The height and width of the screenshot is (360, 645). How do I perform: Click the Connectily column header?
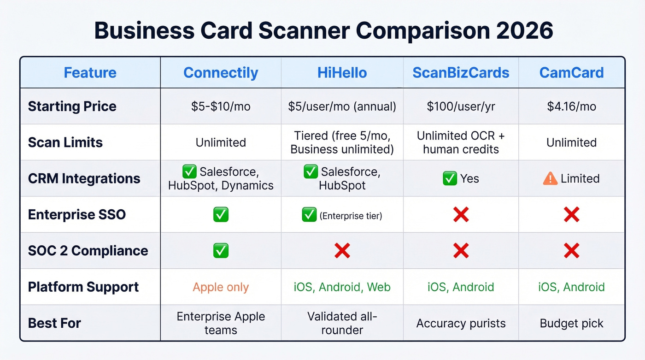(x=221, y=73)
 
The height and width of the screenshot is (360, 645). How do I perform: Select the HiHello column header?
(x=342, y=73)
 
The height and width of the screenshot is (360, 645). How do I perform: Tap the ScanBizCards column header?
(x=461, y=73)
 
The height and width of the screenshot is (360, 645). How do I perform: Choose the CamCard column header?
(x=571, y=73)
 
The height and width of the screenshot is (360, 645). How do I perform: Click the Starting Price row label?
(x=72, y=106)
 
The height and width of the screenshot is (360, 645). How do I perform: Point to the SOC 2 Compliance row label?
(x=88, y=251)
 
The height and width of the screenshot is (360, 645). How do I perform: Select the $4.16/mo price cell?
(x=571, y=106)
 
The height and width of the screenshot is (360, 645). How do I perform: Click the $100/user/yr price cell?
(x=461, y=106)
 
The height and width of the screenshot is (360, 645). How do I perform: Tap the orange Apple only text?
(x=221, y=287)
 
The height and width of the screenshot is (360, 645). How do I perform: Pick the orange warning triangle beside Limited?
(x=550, y=178)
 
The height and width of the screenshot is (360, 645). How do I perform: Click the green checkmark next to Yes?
(x=449, y=178)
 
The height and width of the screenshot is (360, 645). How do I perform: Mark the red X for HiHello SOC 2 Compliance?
(x=342, y=251)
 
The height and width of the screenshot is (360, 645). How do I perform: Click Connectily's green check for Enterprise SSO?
(x=221, y=214)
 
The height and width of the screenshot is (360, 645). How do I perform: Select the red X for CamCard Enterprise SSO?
(x=571, y=214)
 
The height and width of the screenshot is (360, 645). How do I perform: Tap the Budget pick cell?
(x=571, y=323)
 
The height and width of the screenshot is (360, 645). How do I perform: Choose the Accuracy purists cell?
(x=461, y=323)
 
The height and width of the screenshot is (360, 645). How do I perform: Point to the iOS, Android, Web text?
(x=342, y=287)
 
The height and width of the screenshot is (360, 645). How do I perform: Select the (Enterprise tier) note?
(x=351, y=215)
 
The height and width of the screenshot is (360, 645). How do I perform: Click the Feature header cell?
(x=90, y=73)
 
